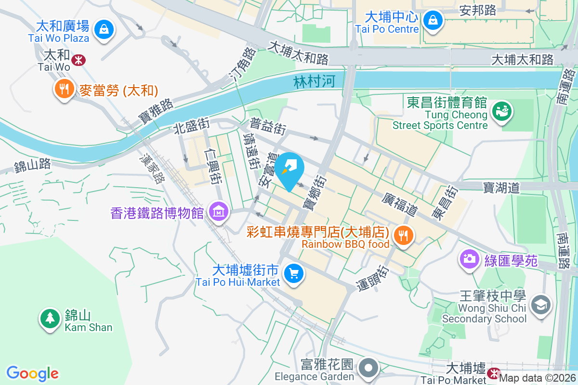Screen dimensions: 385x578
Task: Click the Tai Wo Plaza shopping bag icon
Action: coord(104,29)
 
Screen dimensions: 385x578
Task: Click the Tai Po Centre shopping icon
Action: coord(433,20)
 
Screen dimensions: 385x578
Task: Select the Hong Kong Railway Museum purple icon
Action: coord(219,211)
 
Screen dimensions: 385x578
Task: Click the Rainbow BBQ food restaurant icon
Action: coord(401,235)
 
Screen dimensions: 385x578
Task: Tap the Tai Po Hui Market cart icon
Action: coord(293,273)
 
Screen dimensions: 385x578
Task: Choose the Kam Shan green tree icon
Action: coord(49,318)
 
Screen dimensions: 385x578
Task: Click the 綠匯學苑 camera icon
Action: coord(468,259)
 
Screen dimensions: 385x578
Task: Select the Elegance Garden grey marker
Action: coord(369,368)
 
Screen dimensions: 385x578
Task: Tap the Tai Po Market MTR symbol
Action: coord(493,373)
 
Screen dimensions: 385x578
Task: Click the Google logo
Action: coord(33,373)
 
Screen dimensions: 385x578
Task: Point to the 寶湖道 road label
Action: coord(501,187)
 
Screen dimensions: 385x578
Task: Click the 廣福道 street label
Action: coord(400,204)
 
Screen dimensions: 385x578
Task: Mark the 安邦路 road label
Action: coord(478,10)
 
